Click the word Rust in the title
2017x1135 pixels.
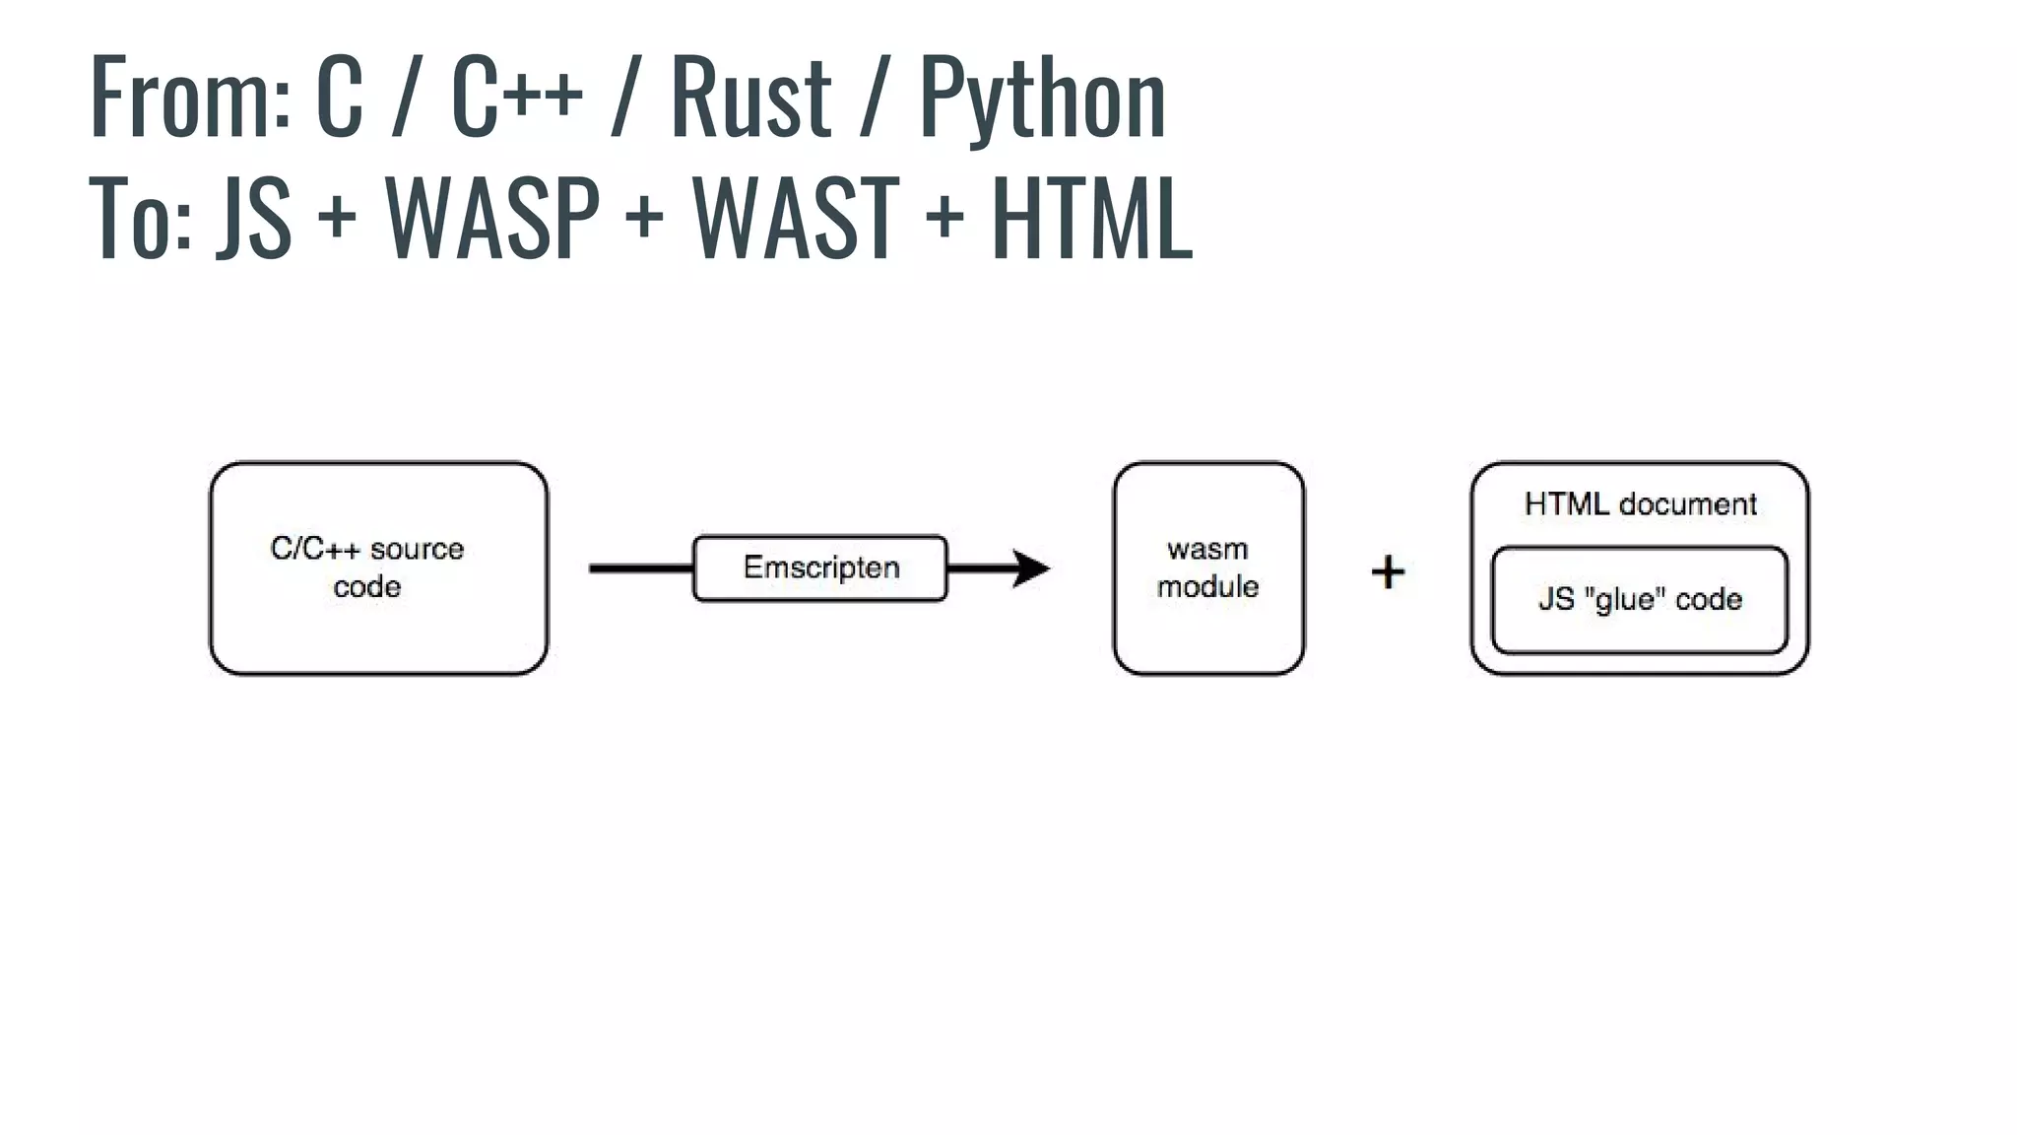[x=750, y=97]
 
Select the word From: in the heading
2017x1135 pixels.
[x=189, y=97]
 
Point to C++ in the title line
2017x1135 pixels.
[x=516, y=97]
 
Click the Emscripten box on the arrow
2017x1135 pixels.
[x=820, y=568]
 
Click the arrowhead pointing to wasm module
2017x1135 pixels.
[x=1030, y=568]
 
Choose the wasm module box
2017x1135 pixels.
[x=1208, y=568]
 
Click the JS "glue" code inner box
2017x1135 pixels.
[x=1640, y=599]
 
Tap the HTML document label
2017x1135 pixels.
[x=1640, y=504]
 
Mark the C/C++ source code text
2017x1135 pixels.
[x=367, y=567]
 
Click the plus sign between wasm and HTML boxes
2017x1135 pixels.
[x=1388, y=571]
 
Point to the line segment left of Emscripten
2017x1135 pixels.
[x=641, y=568]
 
